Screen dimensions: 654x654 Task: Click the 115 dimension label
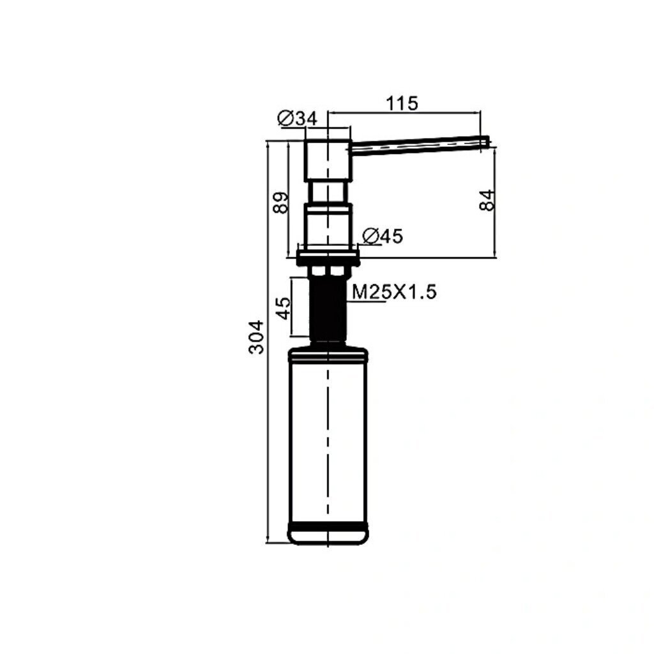click(401, 103)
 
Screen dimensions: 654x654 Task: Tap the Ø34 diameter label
click(298, 119)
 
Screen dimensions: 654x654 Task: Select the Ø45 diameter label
click(383, 236)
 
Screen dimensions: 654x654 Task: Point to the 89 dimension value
click(281, 202)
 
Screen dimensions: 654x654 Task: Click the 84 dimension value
click(487, 200)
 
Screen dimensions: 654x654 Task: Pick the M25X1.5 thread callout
click(394, 292)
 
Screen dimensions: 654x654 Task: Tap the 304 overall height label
click(256, 337)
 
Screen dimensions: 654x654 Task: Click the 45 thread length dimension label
click(283, 308)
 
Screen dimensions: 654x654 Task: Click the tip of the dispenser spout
click(487, 141)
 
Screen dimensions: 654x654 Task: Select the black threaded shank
click(328, 308)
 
